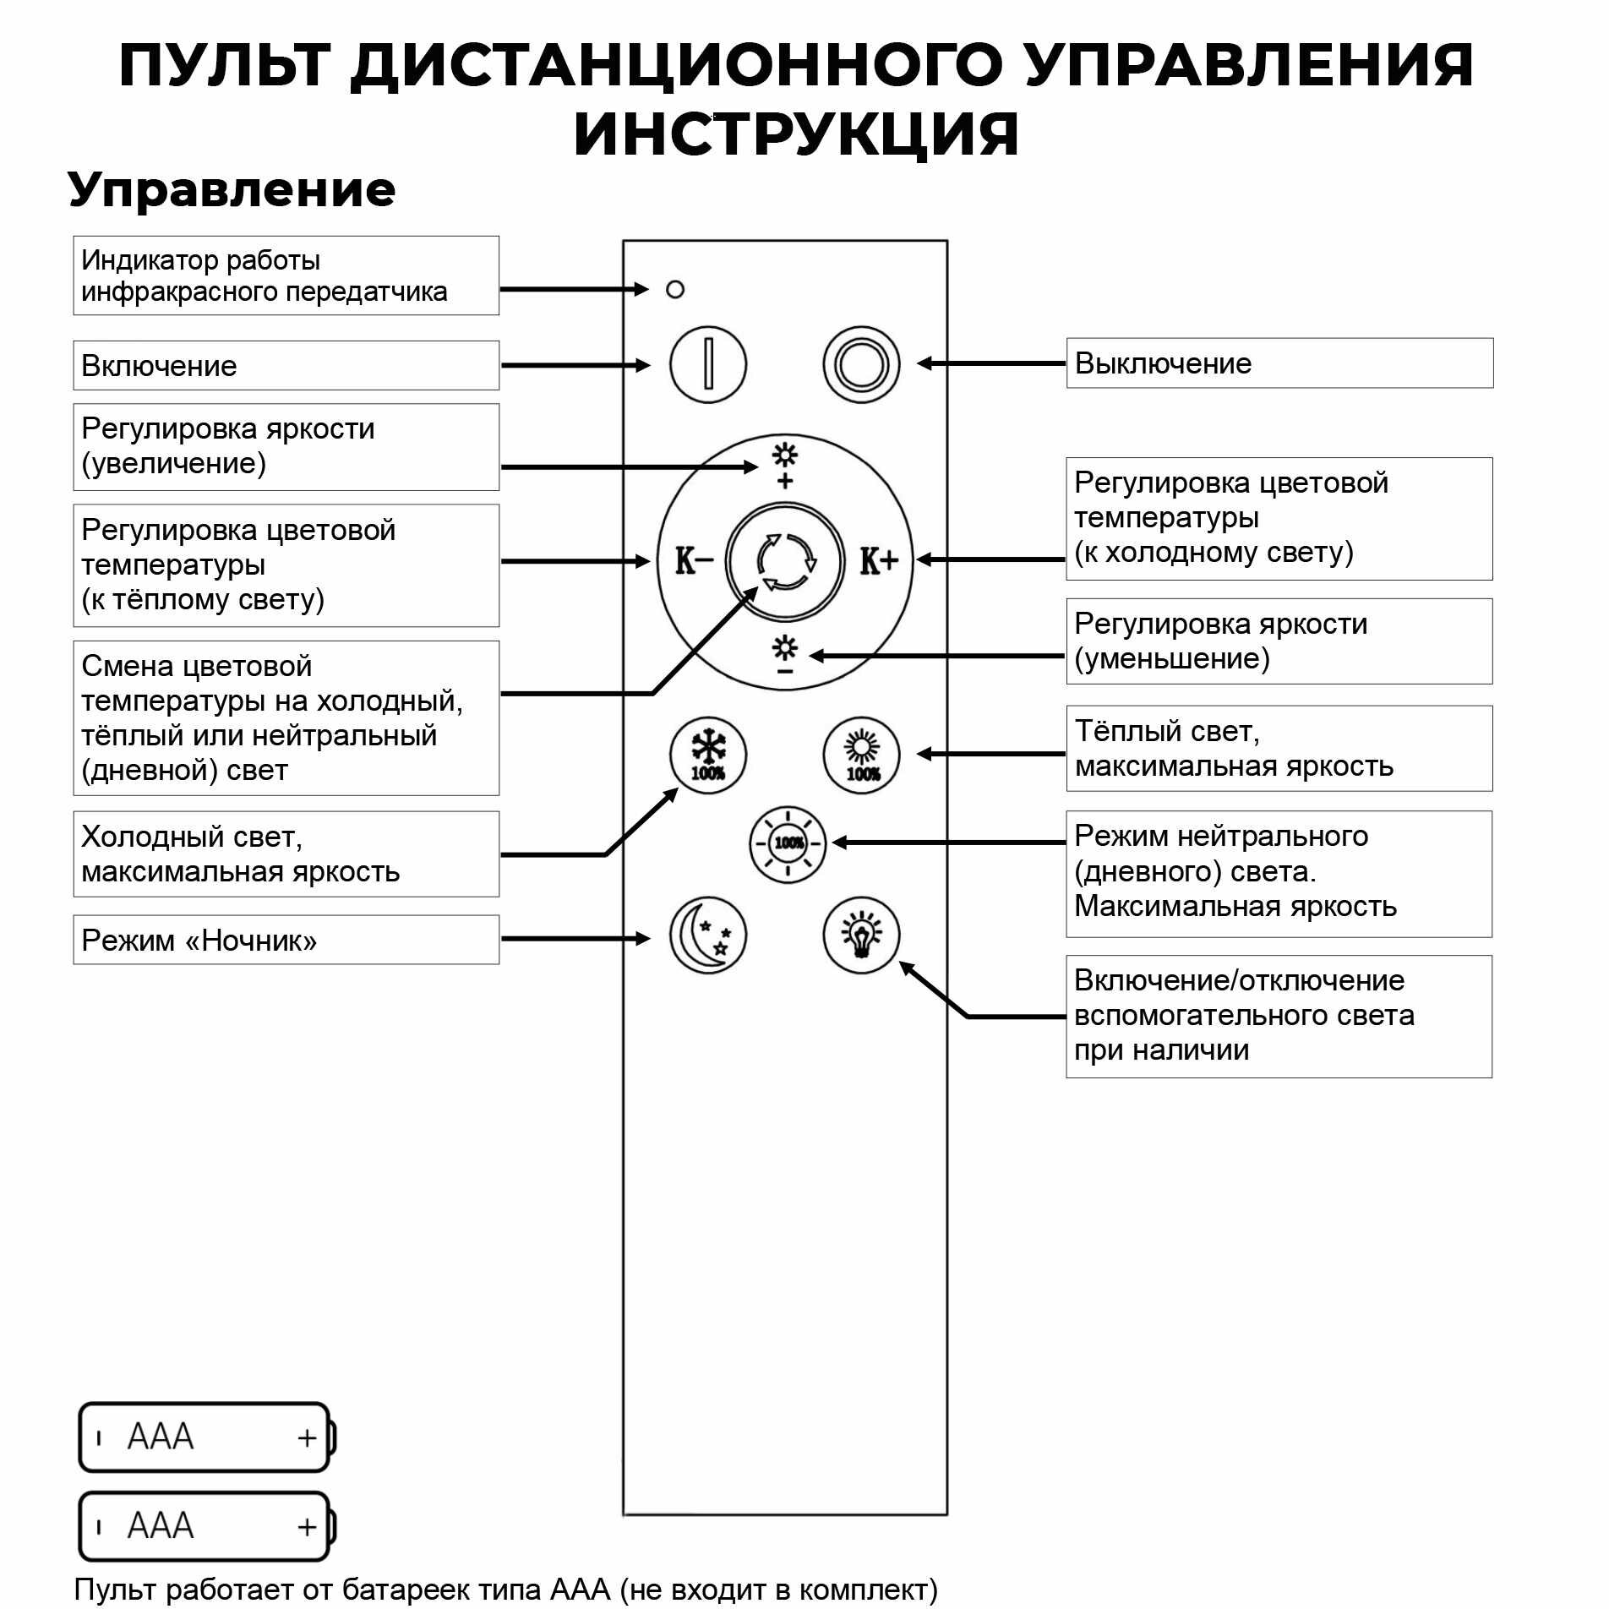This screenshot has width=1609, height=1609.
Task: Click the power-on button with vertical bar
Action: point(707,365)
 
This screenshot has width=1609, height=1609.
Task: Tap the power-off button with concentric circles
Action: point(861,365)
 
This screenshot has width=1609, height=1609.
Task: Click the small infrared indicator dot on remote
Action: point(674,290)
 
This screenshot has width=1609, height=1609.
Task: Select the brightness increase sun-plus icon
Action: point(785,464)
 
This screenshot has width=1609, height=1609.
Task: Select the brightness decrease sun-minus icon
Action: point(785,656)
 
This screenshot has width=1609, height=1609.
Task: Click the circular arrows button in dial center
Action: point(785,561)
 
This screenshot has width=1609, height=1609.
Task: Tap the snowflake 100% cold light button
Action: point(707,755)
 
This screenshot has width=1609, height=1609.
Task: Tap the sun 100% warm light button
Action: point(861,755)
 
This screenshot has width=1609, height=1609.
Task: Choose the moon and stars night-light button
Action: point(707,935)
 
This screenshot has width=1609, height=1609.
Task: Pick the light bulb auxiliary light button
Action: point(861,935)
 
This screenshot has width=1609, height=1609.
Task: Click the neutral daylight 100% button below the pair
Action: point(788,843)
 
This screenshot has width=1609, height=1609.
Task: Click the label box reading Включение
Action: point(286,366)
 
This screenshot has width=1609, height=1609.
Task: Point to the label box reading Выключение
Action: point(1279,363)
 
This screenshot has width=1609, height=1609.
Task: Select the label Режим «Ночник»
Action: point(286,940)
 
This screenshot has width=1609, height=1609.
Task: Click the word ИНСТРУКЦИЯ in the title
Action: point(796,134)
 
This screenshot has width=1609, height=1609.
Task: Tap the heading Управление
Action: point(232,189)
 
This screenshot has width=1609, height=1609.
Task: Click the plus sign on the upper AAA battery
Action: point(307,1437)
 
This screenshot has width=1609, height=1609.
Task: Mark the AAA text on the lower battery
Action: point(161,1526)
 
